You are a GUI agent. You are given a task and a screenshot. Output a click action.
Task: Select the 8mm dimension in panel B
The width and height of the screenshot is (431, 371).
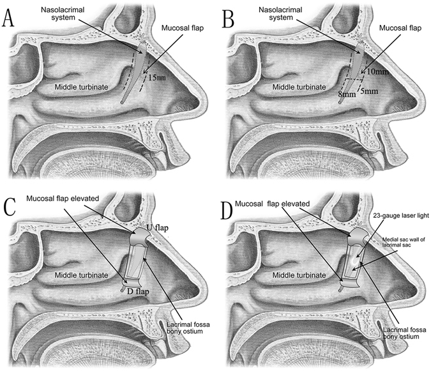click(347, 94)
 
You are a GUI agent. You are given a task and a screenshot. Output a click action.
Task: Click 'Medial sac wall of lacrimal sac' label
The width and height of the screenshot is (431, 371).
click(402, 243)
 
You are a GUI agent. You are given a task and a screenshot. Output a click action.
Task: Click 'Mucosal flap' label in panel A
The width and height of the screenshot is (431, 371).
click(174, 28)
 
